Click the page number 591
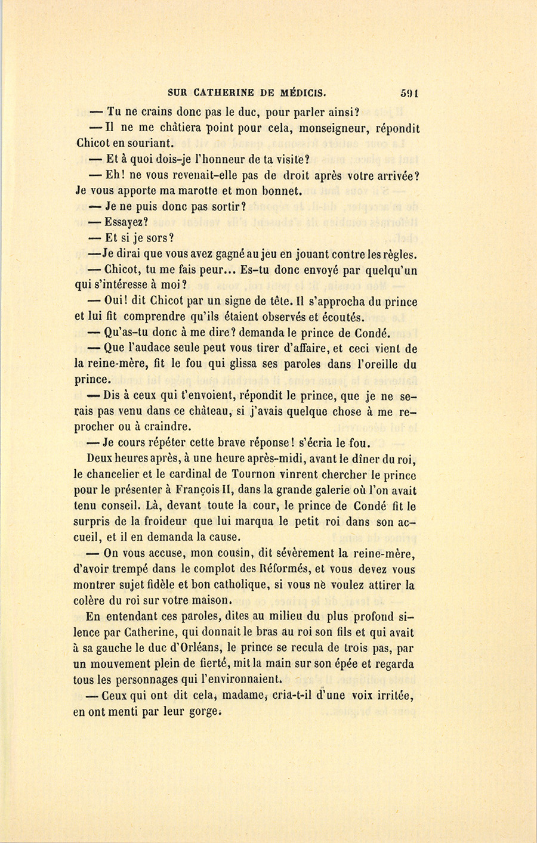coord(411,92)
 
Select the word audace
coord(159,349)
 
